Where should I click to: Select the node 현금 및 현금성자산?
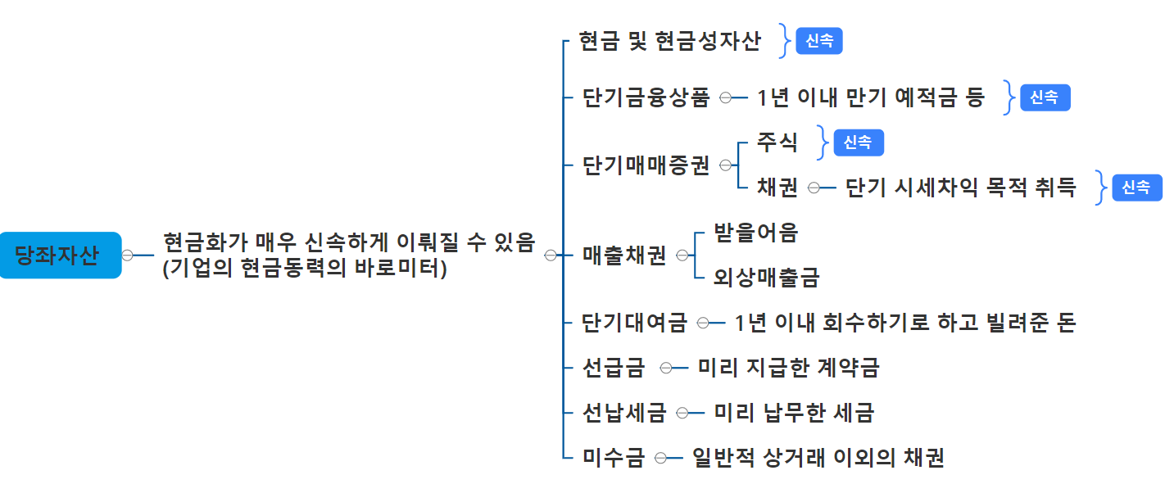click(x=669, y=41)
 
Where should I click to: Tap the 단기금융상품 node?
click(x=646, y=98)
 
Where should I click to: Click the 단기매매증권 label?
click(x=646, y=165)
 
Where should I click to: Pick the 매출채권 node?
click(x=624, y=256)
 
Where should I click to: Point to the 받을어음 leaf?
click(x=755, y=233)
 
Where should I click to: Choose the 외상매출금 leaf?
click(x=766, y=278)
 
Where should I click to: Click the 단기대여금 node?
click(x=634, y=323)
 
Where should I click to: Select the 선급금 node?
click(x=614, y=368)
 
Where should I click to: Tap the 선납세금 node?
click(x=624, y=413)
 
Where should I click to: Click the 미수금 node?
click(x=614, y=458)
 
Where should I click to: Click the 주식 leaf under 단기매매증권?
click(x=777, y=142)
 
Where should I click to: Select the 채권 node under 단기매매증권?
click(x=777, y=188)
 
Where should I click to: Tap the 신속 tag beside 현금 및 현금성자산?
click(x=819, y=41)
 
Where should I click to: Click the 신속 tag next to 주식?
click(x=859, y=142)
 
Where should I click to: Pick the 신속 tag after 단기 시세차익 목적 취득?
click(x=1136, y=188)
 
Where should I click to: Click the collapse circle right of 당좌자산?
click(x=128, y=256)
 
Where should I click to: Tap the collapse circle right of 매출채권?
click(x=682, y=256)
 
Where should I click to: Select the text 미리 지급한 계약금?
click(x=788, y=368)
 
